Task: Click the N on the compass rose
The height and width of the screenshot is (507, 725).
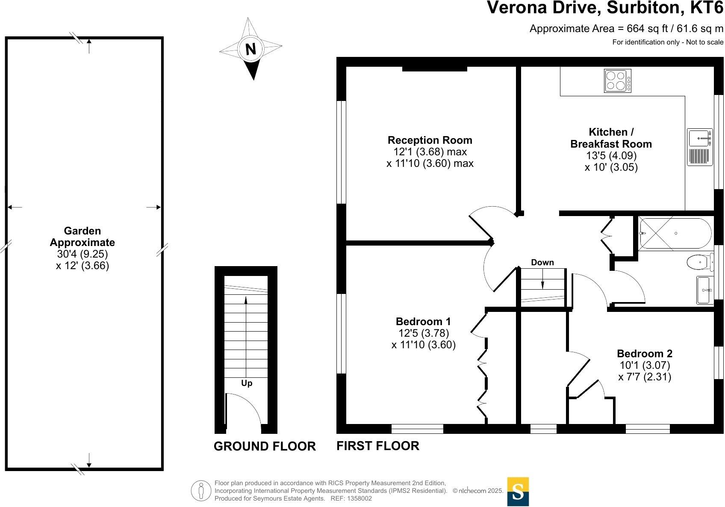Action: point(251,50)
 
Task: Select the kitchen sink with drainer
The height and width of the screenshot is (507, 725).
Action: point(699,147)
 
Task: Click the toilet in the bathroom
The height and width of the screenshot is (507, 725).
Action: point(699,262)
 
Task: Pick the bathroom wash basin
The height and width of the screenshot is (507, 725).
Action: point(704,290)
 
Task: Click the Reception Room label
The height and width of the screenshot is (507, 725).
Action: point(430,140)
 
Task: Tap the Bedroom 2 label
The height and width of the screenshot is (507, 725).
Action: point(644,353)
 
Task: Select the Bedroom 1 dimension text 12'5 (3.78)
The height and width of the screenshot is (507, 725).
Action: point(423,333)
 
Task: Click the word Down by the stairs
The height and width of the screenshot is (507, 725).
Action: point(542,262)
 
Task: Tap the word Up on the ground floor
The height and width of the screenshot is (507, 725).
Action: point(247,383)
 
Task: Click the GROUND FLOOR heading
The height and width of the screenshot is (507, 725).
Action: point(264,446)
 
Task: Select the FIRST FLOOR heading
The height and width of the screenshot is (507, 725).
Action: point(377,446)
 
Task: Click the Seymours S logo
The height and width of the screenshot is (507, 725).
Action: point(518,491)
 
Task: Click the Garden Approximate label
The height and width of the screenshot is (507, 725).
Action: point(82,237)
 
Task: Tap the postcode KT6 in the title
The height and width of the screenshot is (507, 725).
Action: point(707,8)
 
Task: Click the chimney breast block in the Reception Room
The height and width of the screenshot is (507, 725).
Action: point(434,68)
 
